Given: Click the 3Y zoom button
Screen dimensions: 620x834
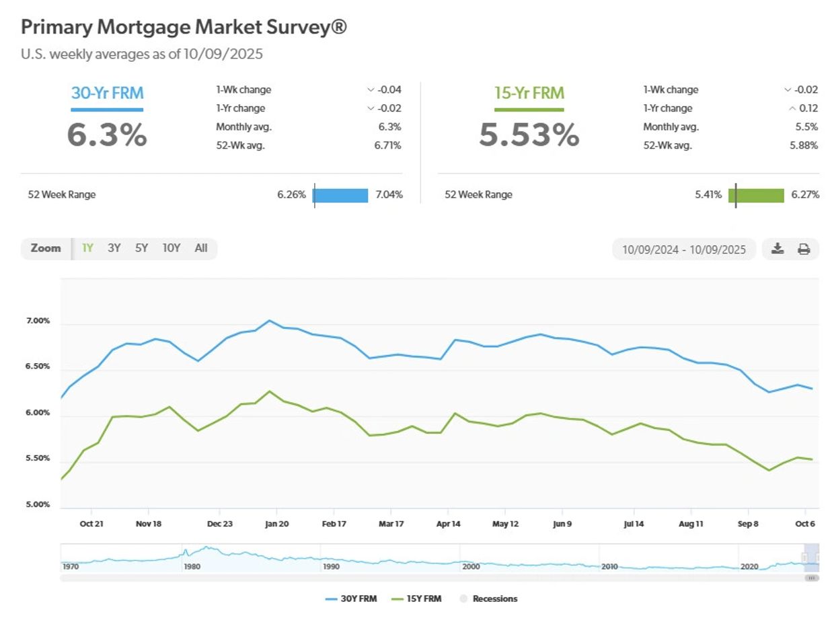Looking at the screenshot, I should click(114, 248).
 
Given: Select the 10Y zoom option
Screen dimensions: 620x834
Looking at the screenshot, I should click(172, 248).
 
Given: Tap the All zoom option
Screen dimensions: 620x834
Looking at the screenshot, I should click(201, 248).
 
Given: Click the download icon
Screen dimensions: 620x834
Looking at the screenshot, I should click(778, 249).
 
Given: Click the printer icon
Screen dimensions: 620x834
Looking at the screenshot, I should click(804, 249).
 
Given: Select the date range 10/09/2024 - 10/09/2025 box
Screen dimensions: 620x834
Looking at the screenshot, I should click(684, 249).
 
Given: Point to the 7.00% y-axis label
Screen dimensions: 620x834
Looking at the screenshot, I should click(38, 321).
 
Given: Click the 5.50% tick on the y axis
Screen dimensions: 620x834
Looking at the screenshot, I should click(38, 459).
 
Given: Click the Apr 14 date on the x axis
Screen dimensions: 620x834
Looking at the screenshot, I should click(449, 524).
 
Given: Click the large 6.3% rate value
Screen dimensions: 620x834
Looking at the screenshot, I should click(107, 134).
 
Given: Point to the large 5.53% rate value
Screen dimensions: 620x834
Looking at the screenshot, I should click(529, 134).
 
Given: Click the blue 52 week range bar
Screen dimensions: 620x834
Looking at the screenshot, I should click(341, 195).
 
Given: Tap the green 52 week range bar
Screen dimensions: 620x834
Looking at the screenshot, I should click(757, 195).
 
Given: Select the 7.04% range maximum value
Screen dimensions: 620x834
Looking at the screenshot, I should click(389, 195).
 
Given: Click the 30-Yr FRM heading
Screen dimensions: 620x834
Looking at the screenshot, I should click(107, 93).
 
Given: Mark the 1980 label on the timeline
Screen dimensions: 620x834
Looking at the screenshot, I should click(192, 567).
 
